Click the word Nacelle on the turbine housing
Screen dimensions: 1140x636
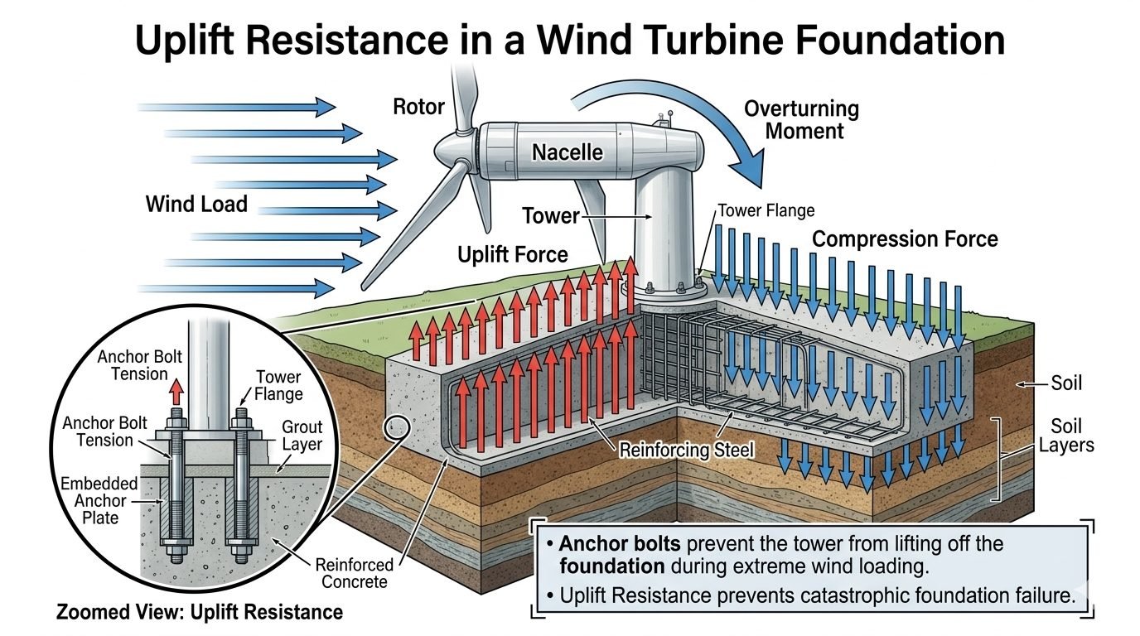click(568, 152)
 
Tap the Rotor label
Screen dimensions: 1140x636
click(419, 107)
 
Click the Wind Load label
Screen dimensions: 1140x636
click(196, 204)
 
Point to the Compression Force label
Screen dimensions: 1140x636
click(905, 239)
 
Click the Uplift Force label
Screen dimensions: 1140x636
click(513, 254)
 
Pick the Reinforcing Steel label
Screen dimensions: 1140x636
click(686, 450)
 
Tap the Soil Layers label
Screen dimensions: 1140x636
click(1065, 436)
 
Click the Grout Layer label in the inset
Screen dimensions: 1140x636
click(302, 436)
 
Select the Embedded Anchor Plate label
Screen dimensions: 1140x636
click(99, 501)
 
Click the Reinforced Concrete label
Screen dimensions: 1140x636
click(355, 573)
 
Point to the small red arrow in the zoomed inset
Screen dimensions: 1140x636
click(176, 392)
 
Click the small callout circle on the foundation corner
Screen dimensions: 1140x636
click(397, 428)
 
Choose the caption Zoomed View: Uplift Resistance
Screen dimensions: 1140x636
click(200, 612)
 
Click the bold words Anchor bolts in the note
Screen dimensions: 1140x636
click(620, 544)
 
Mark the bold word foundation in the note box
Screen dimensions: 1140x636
click(611, 566)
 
